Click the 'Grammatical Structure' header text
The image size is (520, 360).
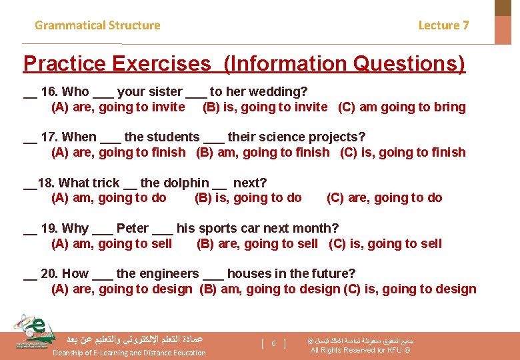(97, 25)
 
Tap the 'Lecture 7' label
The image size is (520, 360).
(443, 25)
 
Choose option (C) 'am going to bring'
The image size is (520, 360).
(402, 107)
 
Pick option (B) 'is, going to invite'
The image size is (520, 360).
(265, 107)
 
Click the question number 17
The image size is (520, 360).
(49, 137)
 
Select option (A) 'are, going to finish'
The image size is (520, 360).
(118, 152)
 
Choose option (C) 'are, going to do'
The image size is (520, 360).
(384, 197)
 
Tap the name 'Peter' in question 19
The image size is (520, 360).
(132, 228)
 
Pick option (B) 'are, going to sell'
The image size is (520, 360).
(257, 243)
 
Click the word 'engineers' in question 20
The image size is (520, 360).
(157, 273)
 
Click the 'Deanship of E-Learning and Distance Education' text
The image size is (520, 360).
(129, 353)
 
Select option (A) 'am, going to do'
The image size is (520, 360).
(109, 197)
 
